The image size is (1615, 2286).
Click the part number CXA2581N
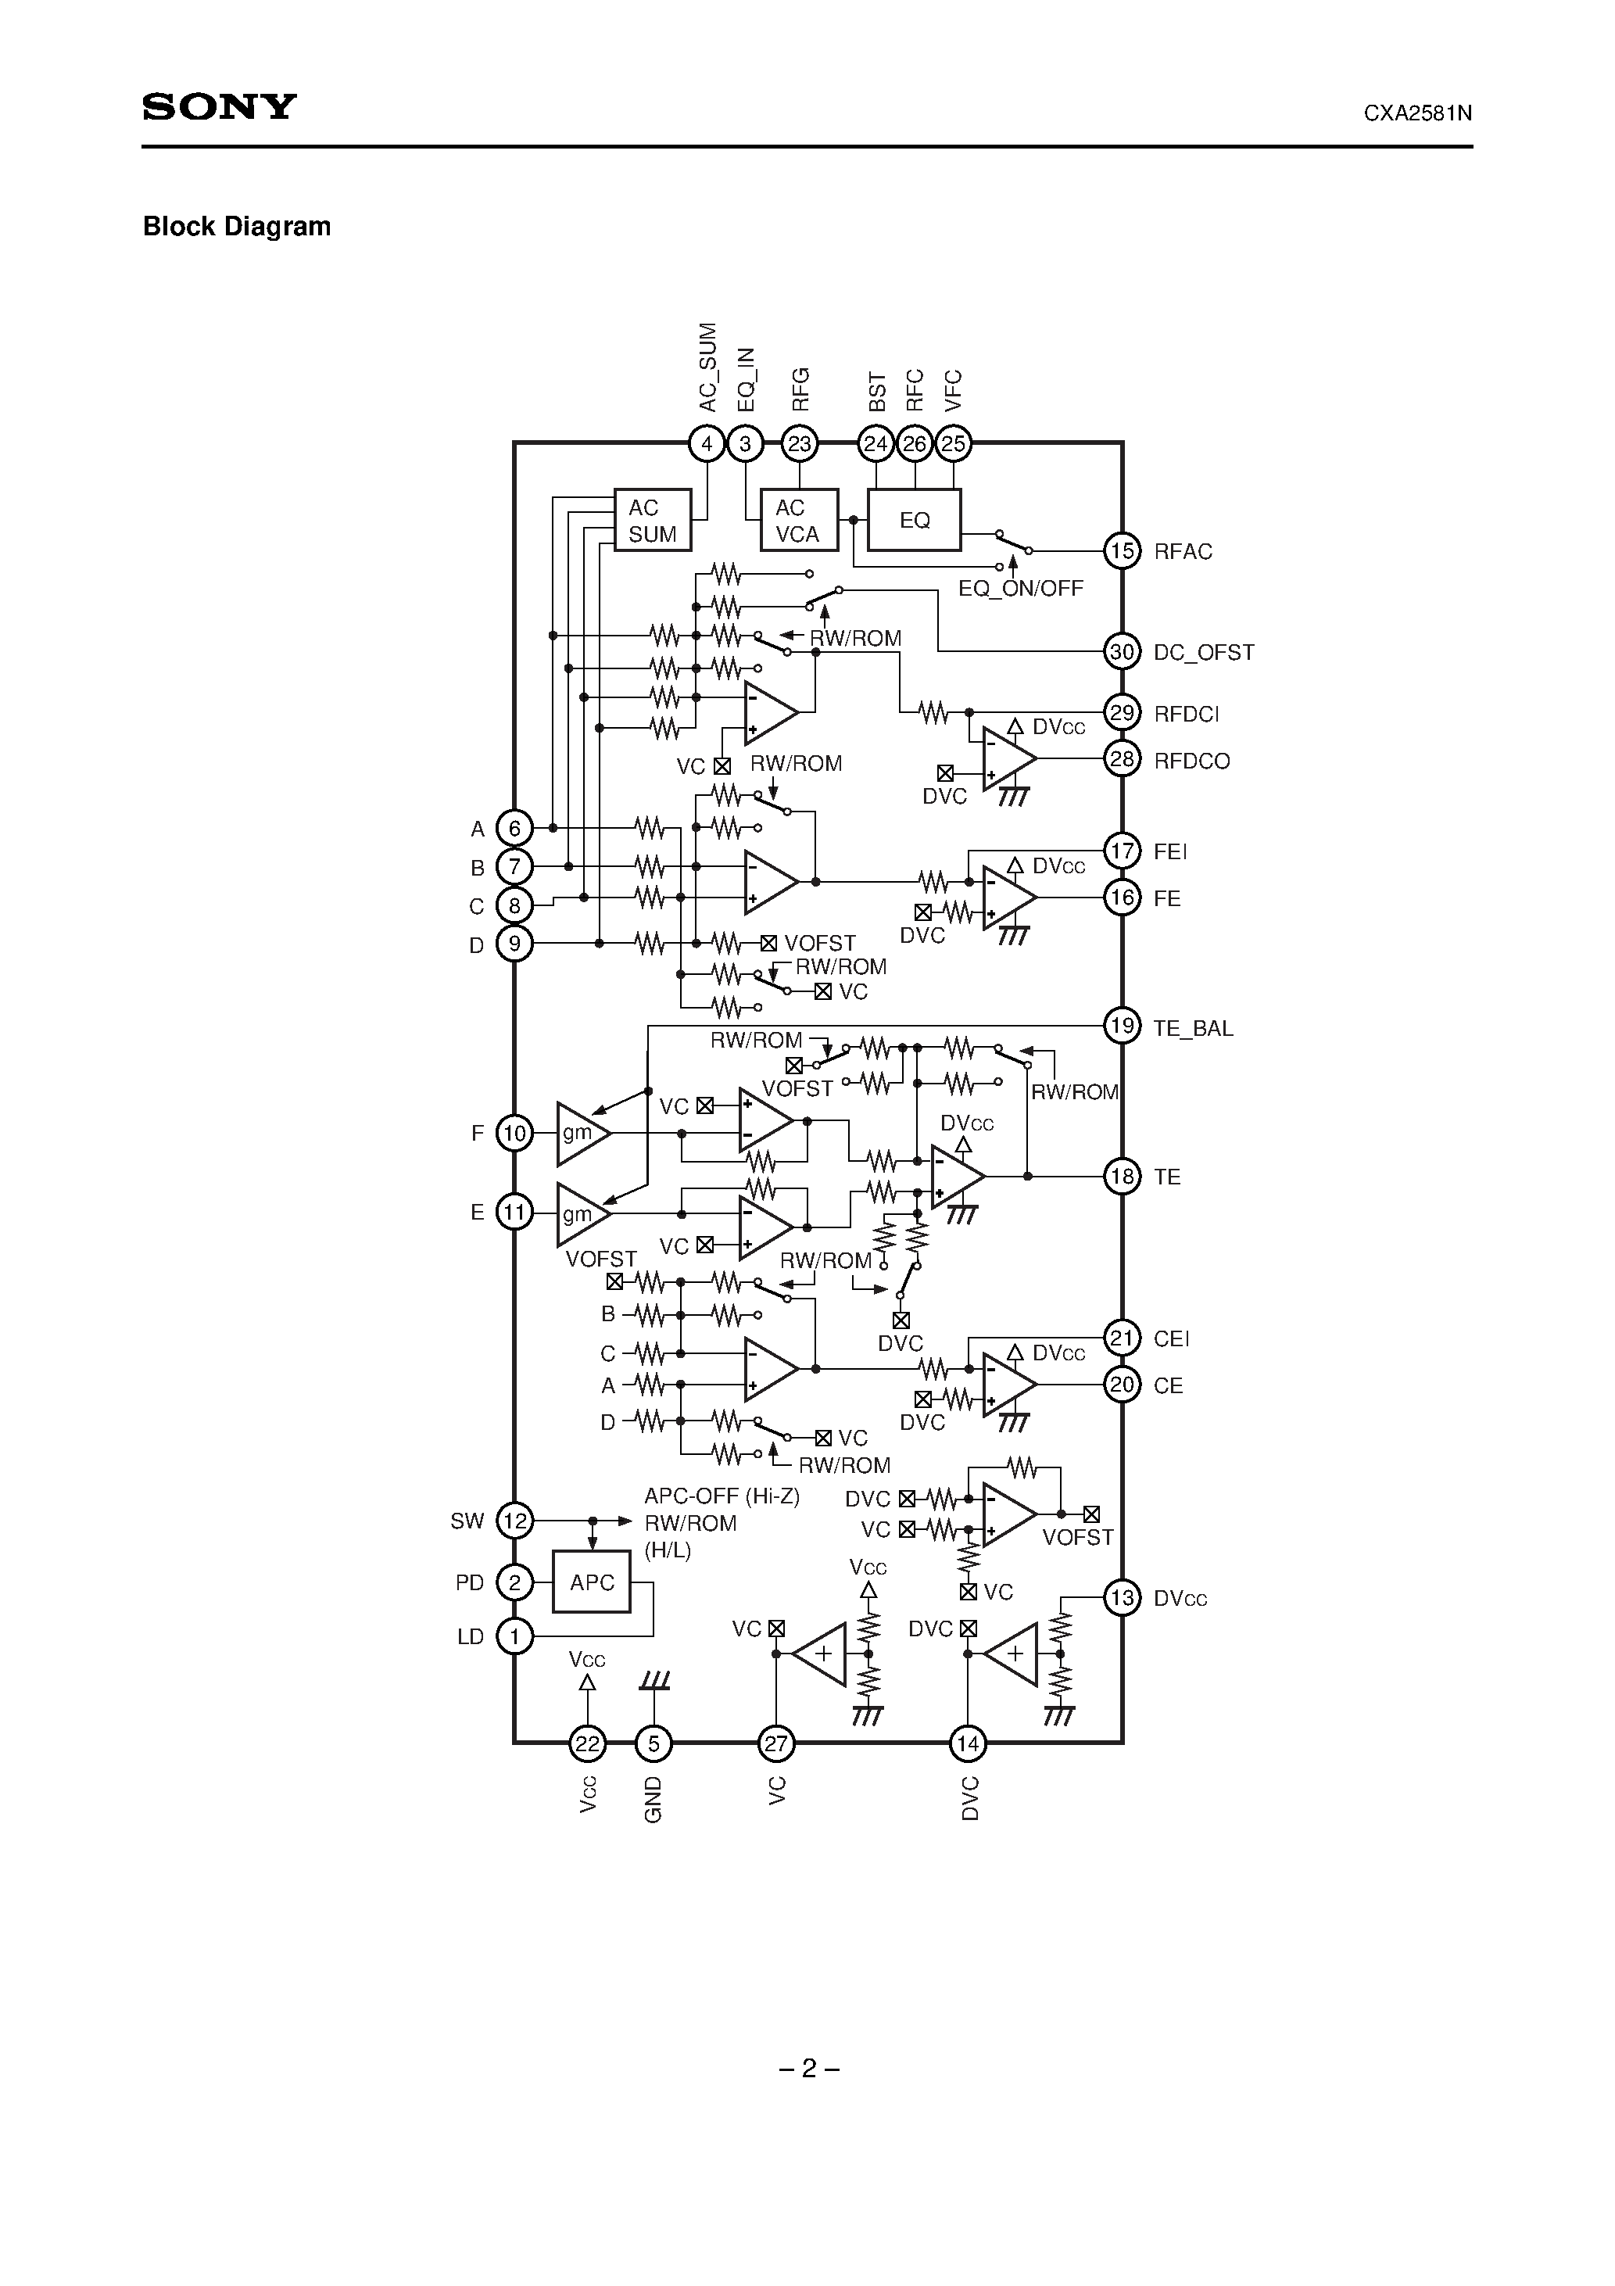point(1417,113)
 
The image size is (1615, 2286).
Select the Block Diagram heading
point(237,227)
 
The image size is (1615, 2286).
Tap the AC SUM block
point(652,520)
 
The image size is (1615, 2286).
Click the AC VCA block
point(799,520)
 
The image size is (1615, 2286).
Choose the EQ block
point(914,520)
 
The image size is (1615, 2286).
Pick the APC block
point(592,1582)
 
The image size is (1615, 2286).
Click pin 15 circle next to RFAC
point(1123,550)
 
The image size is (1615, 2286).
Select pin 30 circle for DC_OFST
point(1123,652)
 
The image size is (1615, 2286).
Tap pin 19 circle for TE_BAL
point(1123,1027)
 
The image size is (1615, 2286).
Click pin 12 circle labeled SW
point(515,1521)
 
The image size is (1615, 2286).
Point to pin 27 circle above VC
point(775,1743)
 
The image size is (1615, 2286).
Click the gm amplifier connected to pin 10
point(582,1133)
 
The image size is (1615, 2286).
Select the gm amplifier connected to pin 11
point(582,1213)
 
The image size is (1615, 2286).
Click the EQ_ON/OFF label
point(1019,589)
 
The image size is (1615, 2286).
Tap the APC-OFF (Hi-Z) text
point(721,1496)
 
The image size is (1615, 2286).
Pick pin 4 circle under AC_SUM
point(707,444)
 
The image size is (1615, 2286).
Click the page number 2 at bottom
point(808,2068)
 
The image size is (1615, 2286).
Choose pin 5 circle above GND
point(654,1743)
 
